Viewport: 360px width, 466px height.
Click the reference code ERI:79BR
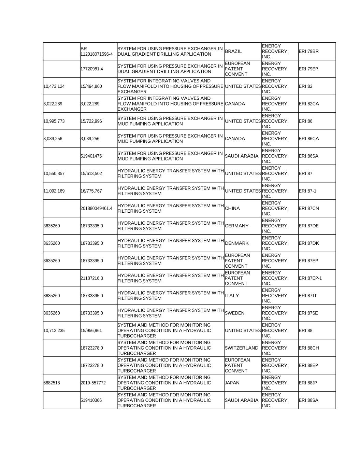(308, 52)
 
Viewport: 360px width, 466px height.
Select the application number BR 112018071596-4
(97, 52)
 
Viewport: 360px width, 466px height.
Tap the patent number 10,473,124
(54, 86)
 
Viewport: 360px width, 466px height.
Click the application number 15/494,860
(91, 86)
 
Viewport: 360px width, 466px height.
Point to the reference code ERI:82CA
(308, 104)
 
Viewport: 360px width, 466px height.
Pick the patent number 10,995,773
(54, 121)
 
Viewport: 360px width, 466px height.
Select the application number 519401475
(91, 156)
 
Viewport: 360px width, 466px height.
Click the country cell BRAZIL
(233, 52)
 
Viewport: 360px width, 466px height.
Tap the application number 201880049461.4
(97, 209)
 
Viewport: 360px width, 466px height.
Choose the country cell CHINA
(232, 209)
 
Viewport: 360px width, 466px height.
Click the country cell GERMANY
(237, 226)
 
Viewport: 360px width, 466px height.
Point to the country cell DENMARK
(237, 243)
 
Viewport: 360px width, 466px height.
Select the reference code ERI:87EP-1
(310, 278)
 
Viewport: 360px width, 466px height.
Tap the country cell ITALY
(232, 296)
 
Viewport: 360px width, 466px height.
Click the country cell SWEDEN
(235, 313)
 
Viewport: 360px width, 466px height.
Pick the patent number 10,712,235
(54, 331)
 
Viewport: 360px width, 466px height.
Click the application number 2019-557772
(93, 383)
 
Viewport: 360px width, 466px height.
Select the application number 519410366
(91, 400)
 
